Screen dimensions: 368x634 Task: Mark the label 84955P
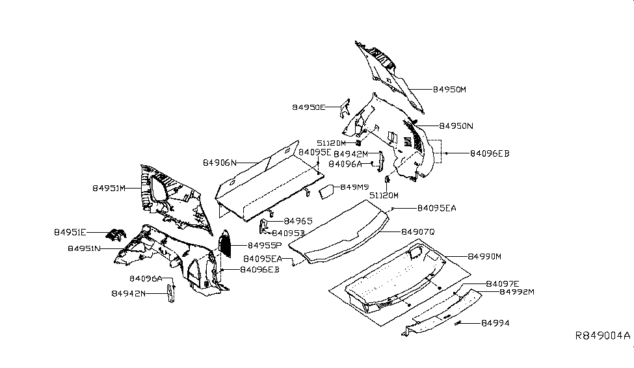click(265, 245)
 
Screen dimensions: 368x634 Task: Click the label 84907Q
click(418, 231)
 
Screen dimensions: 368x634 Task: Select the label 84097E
click(503, 283)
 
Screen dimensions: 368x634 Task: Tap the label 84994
click(495, 322)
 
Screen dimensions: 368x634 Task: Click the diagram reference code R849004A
click(602, 336)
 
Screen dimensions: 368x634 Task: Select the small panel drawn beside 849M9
click(326, 190)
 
